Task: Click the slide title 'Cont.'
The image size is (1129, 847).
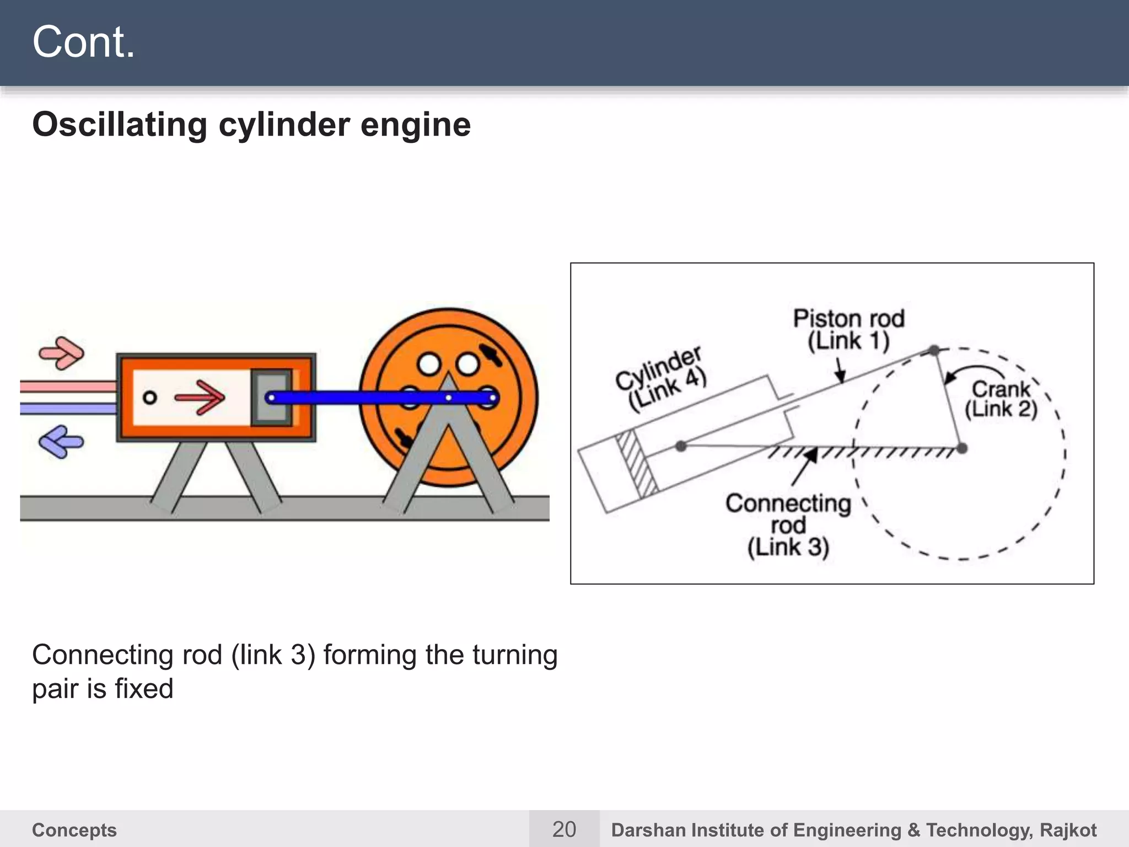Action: tap(83, 42)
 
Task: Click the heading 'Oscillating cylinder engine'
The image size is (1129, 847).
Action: tap(251, 125)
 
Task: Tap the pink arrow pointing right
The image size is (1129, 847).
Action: tap(62, 352)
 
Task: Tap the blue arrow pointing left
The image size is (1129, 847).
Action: tap(61, 441)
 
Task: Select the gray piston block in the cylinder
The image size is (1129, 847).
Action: tap(271, 397)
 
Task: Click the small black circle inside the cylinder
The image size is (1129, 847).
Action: tap(149, 397)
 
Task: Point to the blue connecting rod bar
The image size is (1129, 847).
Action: tap(358, 397)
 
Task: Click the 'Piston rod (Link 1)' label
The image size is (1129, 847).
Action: tap(848, 330)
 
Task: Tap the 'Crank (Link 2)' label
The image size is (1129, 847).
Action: tap(1001, 399)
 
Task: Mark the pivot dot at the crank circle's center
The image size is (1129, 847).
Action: tap(961, 448)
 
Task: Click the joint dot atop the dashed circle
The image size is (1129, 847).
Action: tap(934, 350)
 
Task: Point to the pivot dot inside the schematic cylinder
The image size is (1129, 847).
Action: tap(681, 446)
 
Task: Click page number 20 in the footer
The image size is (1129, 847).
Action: tap(564, 829)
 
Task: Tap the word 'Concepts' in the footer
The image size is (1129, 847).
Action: tap(74, 830)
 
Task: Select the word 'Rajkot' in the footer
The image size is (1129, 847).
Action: tap(1068, 830)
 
